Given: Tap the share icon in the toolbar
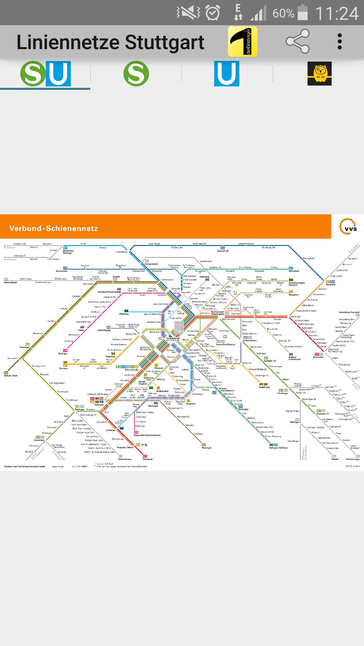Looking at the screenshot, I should click(298, 41).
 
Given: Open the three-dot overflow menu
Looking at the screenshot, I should click(339, 41).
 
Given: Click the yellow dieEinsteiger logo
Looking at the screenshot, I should click(242, 41).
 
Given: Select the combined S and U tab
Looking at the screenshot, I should click(45, 74).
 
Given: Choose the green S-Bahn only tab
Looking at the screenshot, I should click(136, 74).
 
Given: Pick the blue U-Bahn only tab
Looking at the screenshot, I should click(226, 74).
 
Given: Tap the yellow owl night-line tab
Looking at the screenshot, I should click(319, 74).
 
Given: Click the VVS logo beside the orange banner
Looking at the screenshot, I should click(348, 226).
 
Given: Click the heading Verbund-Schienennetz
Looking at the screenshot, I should click(54, 228).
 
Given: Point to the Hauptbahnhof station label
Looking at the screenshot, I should click(173, 338).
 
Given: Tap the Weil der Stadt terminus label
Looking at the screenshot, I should click(10, 375).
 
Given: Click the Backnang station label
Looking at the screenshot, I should click(330, 285).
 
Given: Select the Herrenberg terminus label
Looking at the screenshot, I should click(39, 440).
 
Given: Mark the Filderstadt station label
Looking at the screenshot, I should click(148, 459).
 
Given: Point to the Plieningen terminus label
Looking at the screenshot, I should click(206, 448).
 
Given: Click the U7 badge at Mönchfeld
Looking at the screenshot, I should click(291, 268).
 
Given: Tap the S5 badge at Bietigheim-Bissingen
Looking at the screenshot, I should click(65, 248).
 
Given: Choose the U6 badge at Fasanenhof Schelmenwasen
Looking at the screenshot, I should click(136, 432).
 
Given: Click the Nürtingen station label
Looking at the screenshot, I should click(295, 422).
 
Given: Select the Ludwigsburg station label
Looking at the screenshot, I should click(121, 252).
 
